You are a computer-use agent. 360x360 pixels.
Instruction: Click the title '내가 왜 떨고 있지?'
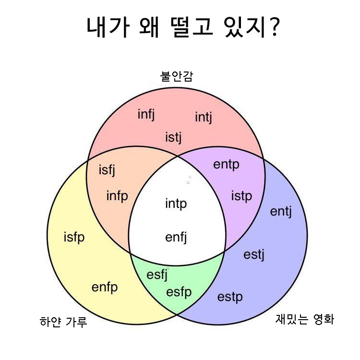[183, 28]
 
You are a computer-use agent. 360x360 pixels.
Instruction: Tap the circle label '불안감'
[177, 76]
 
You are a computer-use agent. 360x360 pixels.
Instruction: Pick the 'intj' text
[203, 117]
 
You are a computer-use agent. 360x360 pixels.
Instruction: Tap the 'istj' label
[174, 138]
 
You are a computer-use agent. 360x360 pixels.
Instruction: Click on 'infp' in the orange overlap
[117, 196]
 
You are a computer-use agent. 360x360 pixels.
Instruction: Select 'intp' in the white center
[176, 204]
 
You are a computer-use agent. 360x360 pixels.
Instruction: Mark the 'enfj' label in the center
[176, 237]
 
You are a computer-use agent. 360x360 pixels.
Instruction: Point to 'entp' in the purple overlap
[226, 165]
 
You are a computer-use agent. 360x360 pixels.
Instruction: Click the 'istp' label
[241, 196]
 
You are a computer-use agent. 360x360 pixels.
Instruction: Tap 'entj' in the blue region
[281, 211]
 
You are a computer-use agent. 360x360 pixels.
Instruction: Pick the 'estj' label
[254, 254]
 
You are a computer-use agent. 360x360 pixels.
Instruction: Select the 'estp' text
[230, 297]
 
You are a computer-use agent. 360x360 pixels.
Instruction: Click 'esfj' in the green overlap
[157, 276]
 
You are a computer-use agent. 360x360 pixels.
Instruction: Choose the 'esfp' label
[179, 292]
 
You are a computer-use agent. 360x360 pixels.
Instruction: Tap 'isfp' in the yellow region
[74, 237]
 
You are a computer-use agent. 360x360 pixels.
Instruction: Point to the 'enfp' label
[105, 288]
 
